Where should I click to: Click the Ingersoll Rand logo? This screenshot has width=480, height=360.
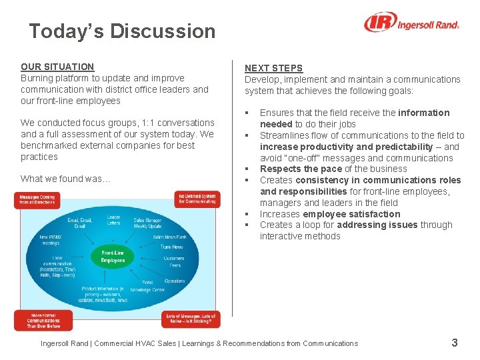(411, 23)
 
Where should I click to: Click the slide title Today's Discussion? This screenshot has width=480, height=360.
(122, 31)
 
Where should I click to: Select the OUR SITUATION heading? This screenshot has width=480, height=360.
(57, 67)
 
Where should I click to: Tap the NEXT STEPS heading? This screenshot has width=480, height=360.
(273, 68)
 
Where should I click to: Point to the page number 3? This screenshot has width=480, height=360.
(455, 343)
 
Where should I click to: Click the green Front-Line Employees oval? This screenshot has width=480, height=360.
(113, 257)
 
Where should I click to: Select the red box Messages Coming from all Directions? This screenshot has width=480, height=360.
(37, 200)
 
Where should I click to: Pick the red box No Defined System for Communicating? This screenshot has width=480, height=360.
(197, 199)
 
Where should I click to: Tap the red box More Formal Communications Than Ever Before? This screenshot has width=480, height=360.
(43, 321)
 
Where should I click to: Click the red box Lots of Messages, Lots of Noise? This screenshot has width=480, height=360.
(190, 319)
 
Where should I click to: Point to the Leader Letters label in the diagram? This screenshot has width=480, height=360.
(114, 220)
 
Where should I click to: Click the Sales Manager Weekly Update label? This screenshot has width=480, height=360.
(147, 223)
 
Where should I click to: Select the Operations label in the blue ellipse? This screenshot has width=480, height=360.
(175, 281)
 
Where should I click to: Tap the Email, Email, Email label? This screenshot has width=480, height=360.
(80, 223)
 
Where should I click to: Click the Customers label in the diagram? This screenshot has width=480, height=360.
(174, 258)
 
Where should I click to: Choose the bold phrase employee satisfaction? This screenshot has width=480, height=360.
(351, 214)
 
